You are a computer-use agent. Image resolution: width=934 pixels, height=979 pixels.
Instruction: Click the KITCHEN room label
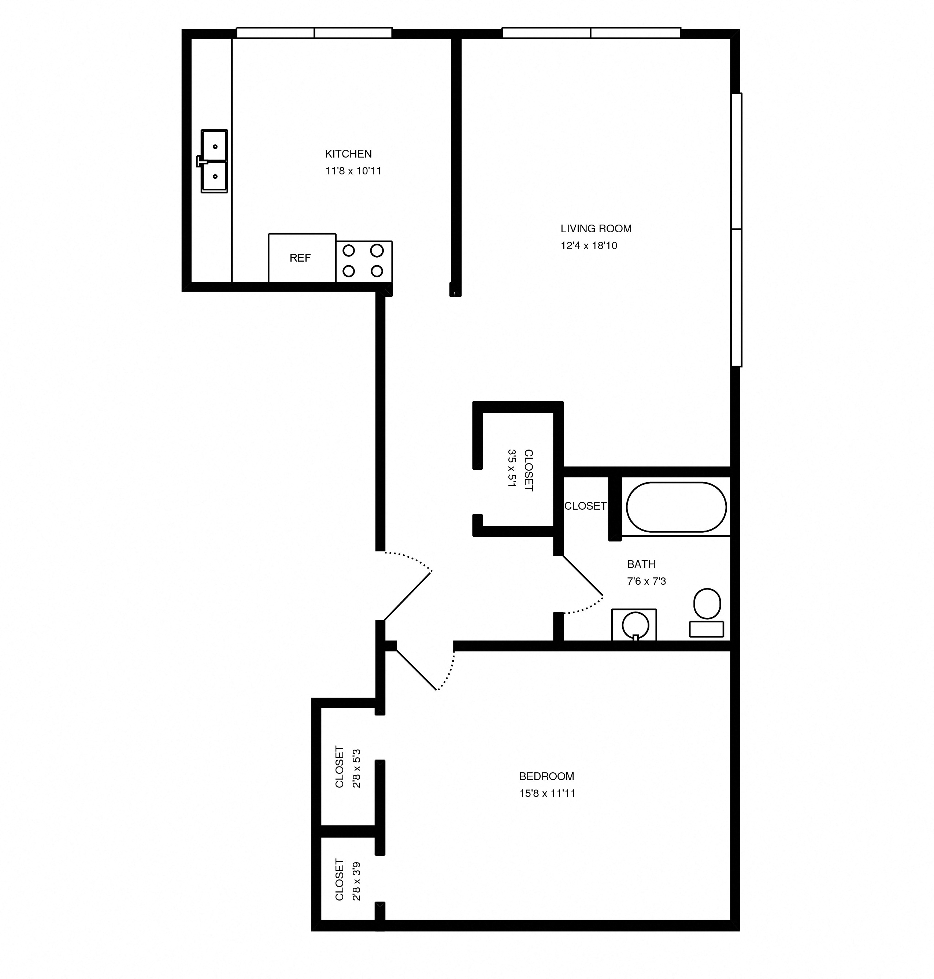click(348, 154)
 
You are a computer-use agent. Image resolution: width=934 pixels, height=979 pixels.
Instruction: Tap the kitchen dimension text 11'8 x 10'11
click(353, 171)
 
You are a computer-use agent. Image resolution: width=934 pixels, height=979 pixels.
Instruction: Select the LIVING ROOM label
click(596, 229)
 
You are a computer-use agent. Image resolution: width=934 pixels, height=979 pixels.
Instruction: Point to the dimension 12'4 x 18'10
click(589, 245)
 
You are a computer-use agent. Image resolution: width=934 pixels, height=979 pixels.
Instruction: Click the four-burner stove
click(363, 261)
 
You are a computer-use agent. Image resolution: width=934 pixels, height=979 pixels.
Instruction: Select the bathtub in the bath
click(676, 507)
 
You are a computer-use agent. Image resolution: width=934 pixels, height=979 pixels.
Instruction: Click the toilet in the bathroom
click(707, 613)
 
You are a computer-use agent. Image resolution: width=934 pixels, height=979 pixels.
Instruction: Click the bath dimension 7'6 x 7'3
click(646, 581)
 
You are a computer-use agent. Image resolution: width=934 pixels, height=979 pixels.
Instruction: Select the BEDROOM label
click(546, 776)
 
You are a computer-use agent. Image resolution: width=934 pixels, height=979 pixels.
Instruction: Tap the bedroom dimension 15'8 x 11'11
click(547, 793)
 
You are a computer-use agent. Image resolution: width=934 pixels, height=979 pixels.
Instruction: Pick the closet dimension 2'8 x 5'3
click(356, 767)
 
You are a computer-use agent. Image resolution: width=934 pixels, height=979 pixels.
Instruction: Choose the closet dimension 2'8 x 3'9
click(356, 880)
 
